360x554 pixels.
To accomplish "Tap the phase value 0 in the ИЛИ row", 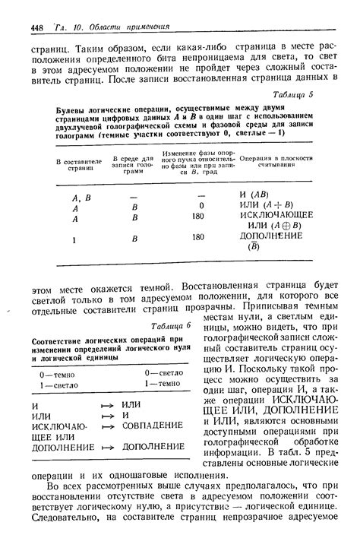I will pos(201,205).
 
